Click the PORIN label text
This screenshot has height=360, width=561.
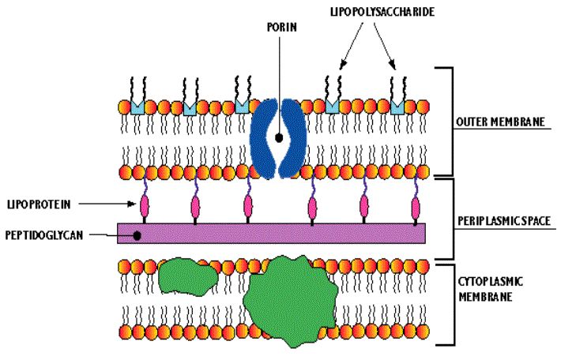(282, 27)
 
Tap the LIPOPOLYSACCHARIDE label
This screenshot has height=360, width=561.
(382, 11)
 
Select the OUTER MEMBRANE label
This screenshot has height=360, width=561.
(500, 122)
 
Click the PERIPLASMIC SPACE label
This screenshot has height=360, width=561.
(504, 221)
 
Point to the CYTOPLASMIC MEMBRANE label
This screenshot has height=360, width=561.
(490, 289)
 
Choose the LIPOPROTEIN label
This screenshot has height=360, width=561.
(39, 204)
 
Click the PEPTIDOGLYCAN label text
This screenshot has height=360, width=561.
(44, 235)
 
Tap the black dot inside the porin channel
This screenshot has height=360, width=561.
(279, 137)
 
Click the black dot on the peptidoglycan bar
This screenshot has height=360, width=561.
(137, 235)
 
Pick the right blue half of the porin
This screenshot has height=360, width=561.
(294, 137)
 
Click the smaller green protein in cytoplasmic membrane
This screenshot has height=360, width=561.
(187, 276)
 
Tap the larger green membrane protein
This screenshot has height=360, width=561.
(291, 301)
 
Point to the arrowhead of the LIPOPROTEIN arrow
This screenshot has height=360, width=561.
(133, 204)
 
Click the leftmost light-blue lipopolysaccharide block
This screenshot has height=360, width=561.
(137, 107)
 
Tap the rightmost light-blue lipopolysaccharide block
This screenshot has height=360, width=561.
(397, 107)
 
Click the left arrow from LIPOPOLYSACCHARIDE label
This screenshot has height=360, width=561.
(352, 46)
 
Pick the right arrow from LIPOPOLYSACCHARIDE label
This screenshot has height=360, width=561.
(385, 46)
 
